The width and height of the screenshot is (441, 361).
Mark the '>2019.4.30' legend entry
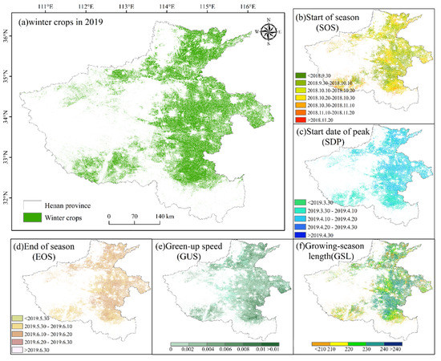(x=333, y=235)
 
